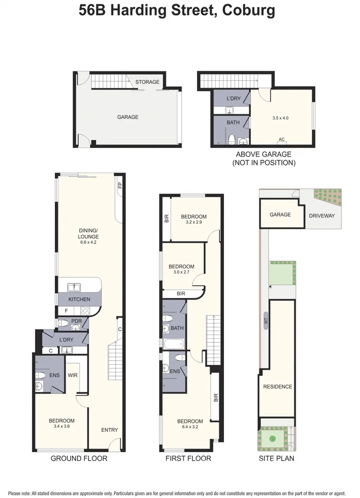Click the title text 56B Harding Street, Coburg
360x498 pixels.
click(x=177, y=10)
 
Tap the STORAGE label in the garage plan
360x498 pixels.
click(x=147, y=82)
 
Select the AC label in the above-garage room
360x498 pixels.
click(x=282, y=139)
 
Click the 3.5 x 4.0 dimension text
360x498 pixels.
click(x=280, y=118)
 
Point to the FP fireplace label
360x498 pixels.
click(x=119, y=186)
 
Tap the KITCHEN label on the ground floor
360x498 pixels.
click(x=79, y=299)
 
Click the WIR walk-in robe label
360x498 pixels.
click(x=72, y=375)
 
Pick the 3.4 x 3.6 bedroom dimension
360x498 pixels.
click(x=62, y=427)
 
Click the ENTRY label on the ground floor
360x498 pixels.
click(x=110, y=430)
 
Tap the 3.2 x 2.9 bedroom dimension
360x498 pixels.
click(x=193, y=223)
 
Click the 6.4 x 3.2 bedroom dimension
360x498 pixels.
click(x=190, y=427)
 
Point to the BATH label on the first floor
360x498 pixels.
click(x=177, y=328)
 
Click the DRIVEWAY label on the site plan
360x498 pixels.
click(x=322, y=215)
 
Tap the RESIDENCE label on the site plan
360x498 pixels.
click(x=277, y=387)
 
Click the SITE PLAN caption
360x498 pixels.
click(x=277, y=458)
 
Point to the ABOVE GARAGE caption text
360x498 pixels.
click(x=263, y=154)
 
